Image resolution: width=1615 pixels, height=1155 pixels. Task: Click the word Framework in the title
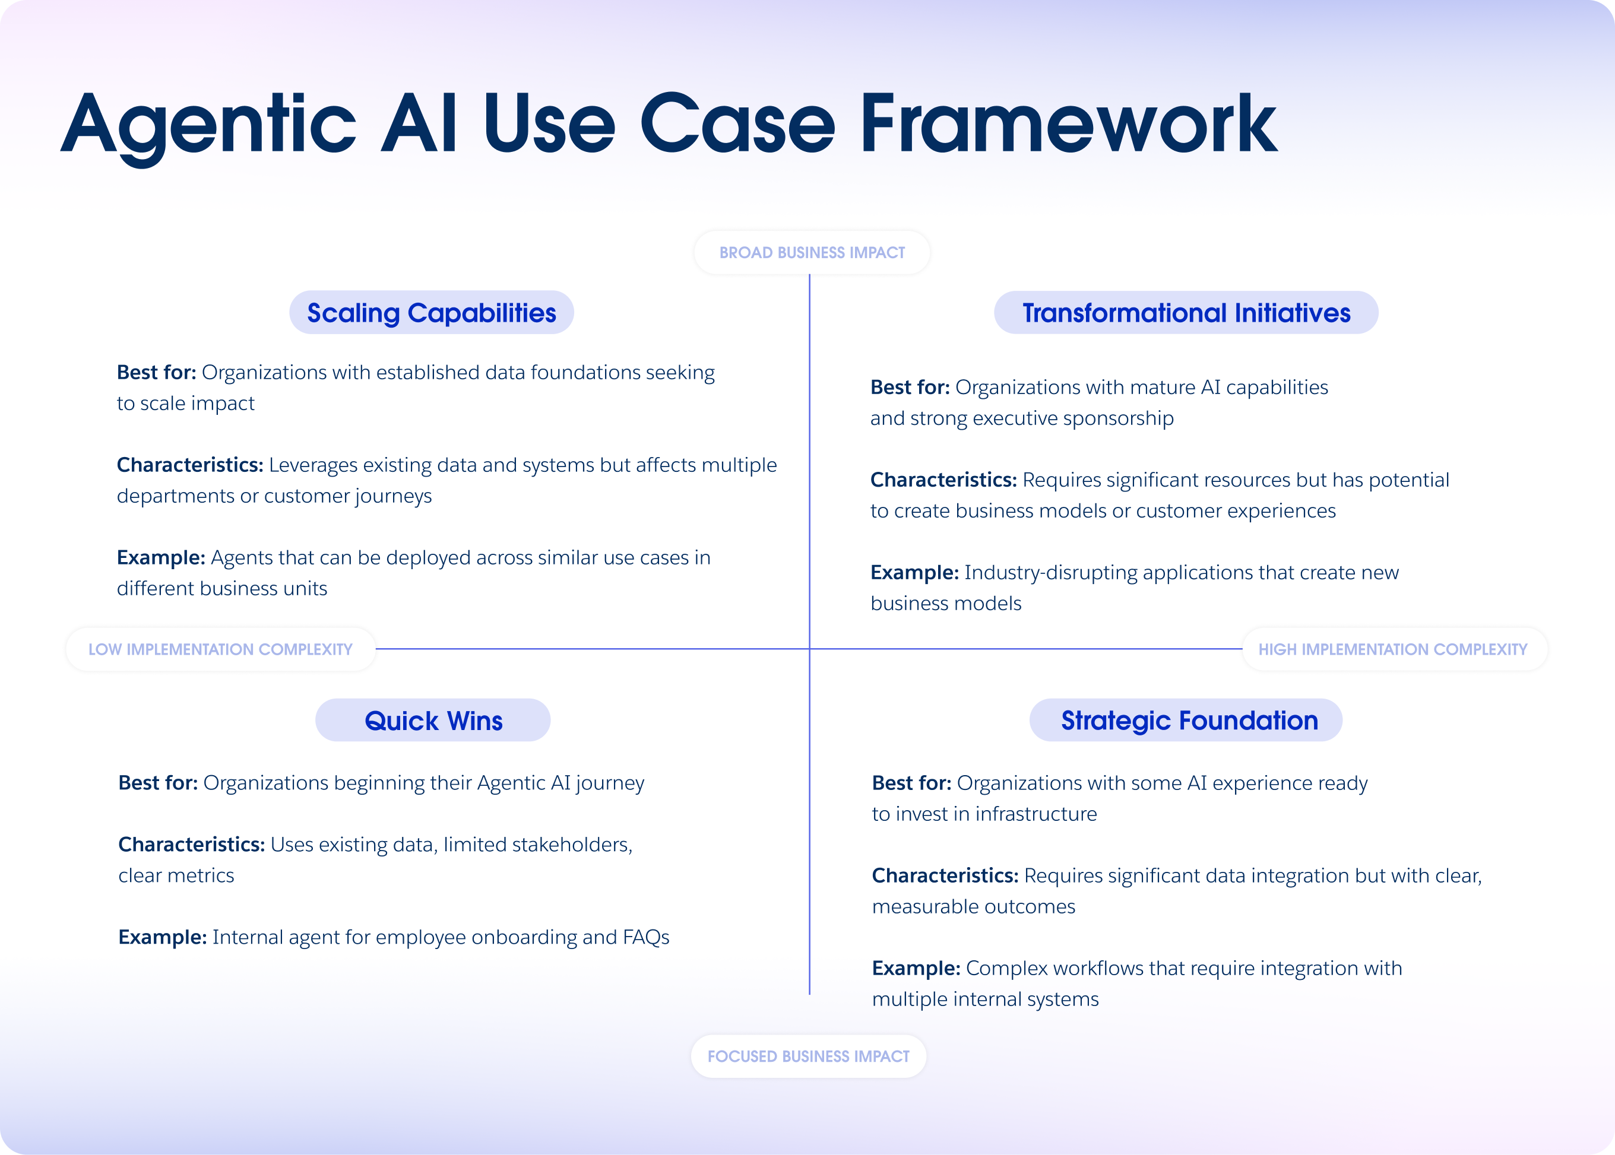1067,125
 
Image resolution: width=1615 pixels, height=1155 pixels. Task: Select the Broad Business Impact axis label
812,252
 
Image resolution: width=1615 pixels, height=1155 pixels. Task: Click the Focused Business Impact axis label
808,1056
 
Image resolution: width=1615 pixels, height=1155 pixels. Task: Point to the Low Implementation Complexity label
220,649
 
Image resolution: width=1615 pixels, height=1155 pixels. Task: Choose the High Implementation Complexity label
1392,649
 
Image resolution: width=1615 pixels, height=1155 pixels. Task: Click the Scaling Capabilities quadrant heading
431,313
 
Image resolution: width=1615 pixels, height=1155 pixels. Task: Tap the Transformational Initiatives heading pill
1186,313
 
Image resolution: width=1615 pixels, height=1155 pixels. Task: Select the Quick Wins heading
433,721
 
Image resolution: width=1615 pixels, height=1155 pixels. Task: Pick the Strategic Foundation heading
1189,721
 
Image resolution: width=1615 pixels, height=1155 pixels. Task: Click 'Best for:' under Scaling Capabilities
157,373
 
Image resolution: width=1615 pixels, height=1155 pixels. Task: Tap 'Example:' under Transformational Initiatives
914,573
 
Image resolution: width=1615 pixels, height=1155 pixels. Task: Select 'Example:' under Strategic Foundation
916,969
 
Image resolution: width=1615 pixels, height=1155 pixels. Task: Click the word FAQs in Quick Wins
646,937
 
